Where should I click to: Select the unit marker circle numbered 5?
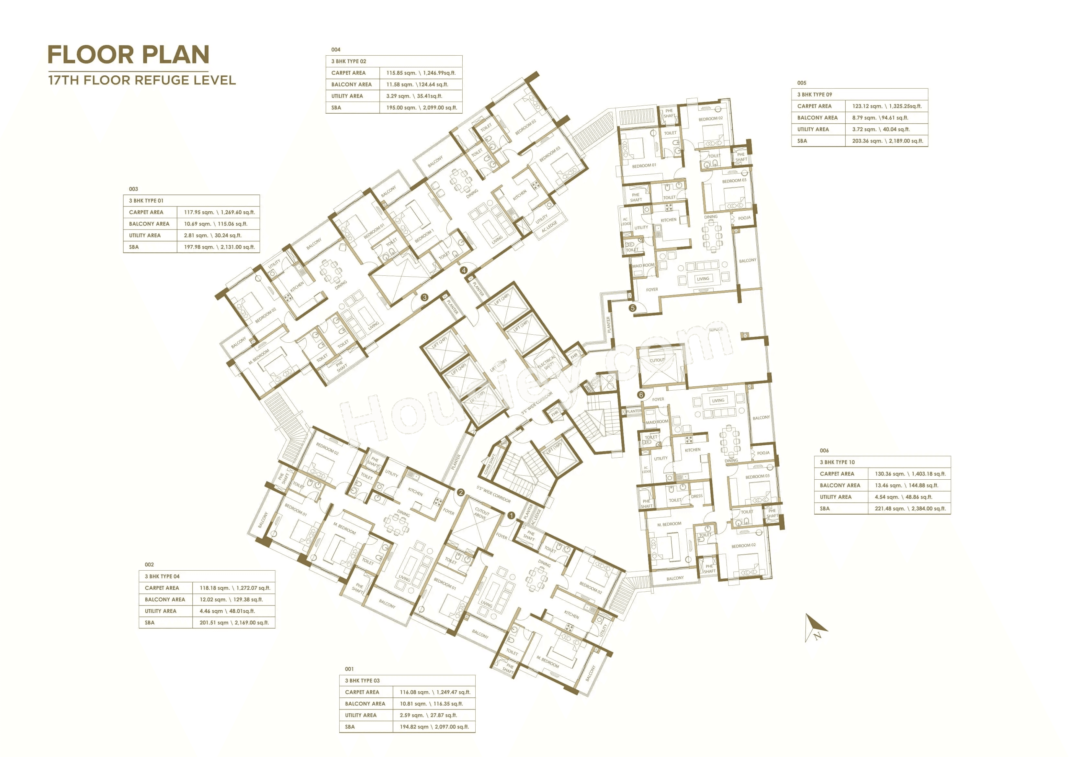click(633, 308)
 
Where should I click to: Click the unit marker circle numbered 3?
click(424, 297)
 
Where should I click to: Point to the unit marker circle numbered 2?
click(460, 492)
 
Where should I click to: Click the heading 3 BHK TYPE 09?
click(815, 94)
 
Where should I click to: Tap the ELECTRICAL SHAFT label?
click(547, 362)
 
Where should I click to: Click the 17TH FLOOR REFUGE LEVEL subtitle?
click(142, 80)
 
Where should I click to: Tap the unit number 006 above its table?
click(824, 451)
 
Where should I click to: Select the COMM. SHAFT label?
click(490, 464)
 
